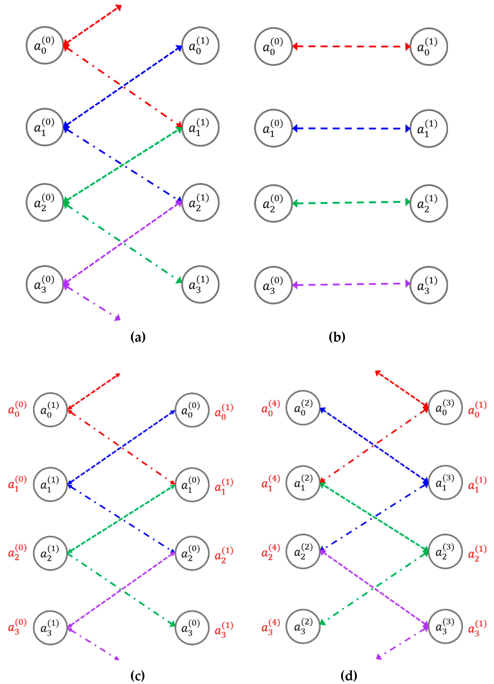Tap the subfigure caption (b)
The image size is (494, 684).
(x=337, y=337)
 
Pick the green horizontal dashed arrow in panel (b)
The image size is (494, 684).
(x=351, y=203)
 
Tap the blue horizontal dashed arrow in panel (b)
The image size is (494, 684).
(x=351, y=128)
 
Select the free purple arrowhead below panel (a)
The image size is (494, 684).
(x=118, y=318)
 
